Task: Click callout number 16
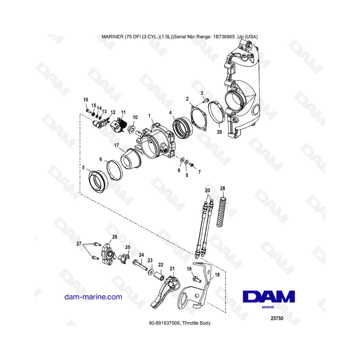click(x=86, y=100)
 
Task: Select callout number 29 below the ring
click(x=219, y=132)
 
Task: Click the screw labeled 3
click(x=206, y=100)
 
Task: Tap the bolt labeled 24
click(x=140, y=265)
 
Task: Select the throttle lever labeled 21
click(x=166, y=291)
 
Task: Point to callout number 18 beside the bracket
click(x=217, y=274)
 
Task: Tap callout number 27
click(x=79, y=244)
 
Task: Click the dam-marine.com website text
click(x=93, y=297)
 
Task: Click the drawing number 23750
click(x=277, y=318)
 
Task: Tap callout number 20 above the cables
click(x=207, y=190)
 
